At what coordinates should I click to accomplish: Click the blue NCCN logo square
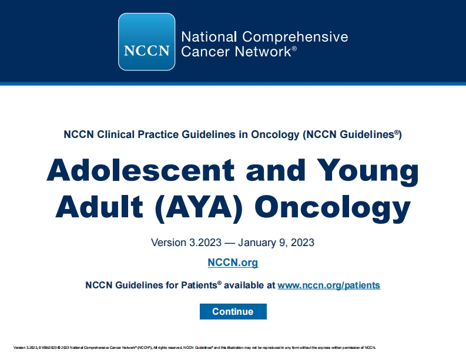(147, 42)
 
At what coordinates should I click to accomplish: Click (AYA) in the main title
(200, 208)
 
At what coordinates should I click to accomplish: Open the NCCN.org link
(233, 263)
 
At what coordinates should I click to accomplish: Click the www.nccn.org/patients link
(328, 285)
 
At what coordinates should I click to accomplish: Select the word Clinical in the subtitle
(110, 134)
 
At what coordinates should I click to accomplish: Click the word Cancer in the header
(199, 52)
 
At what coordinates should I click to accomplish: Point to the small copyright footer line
(195, 347)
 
